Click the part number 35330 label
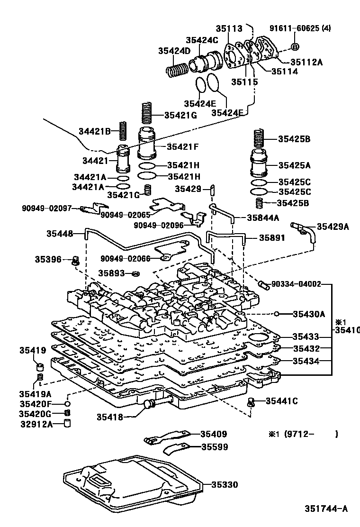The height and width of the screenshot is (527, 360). click(225, 484)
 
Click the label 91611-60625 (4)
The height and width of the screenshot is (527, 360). click(307, 28)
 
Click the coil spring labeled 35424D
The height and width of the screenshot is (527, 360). click(178, 71)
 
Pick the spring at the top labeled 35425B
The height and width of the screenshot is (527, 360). click(259, 137)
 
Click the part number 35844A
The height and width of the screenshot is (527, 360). click(263, 218)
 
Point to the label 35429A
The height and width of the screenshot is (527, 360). click(333, 227)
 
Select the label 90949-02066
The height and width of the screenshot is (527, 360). click(125, 258)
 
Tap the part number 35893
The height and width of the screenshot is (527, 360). click(111, 273)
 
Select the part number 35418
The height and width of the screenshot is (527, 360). click(110, 417)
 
